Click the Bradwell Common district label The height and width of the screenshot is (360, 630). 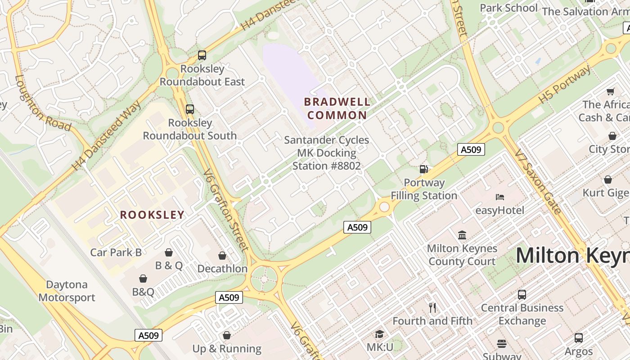pyautogui.click(x=337, y=108)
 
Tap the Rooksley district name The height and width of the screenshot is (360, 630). pyautogui.click(x=152, y=215)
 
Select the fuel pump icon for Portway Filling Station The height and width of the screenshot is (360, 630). pyautogui.click(x=423, y=169)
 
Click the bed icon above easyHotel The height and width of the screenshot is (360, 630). pyautogui.click(x=499, y=197)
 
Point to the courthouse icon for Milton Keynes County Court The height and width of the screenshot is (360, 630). pyautogui.click(x=462, y=235)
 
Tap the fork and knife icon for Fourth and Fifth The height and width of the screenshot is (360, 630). pyautogui.click(x=432, y=308)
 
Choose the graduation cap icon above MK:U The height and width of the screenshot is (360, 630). pyautogui.click(x=380, y=334)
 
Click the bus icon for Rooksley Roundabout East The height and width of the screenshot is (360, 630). pyautogui.click(x=202, y=55)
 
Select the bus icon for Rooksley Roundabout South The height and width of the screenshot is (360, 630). pyautogui.click(x=190, y=109)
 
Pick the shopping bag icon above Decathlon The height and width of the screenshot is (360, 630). pyautogui.click(x=222, y=256)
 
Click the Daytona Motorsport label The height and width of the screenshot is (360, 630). pyautogui.click(x=67, y=291)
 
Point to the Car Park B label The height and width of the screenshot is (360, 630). pyautogui.click(x=116, y=252)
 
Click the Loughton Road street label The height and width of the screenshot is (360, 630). pyautogui.click(x=42, y=103)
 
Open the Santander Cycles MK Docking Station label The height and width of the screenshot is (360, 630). pyautogui.click(x=327, y=153)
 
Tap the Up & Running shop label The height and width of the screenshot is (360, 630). pyautogui.click(x=227, y=349)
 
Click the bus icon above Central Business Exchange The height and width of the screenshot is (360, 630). pyautogui.click(x=522, y=295)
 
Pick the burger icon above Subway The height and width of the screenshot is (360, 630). pyautogui.click(x=502, y=344)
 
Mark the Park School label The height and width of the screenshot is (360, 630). pyautogui.click(x=508, y=8)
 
